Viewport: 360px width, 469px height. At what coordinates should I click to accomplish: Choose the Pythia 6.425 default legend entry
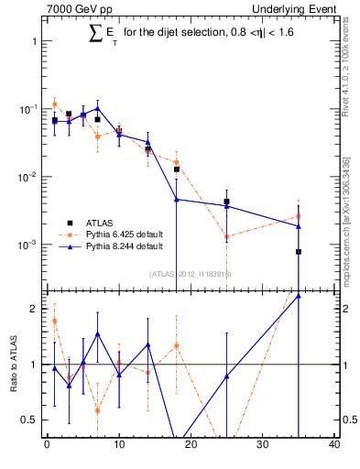click(108, 234)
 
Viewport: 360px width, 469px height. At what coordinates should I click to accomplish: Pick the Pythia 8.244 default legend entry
click(108, 246)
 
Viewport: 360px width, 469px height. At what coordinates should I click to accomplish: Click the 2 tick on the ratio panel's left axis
click(34, 309)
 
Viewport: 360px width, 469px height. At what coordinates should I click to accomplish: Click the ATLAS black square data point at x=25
click(226, 202)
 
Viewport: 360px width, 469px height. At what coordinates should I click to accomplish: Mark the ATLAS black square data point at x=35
click(299, 251)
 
